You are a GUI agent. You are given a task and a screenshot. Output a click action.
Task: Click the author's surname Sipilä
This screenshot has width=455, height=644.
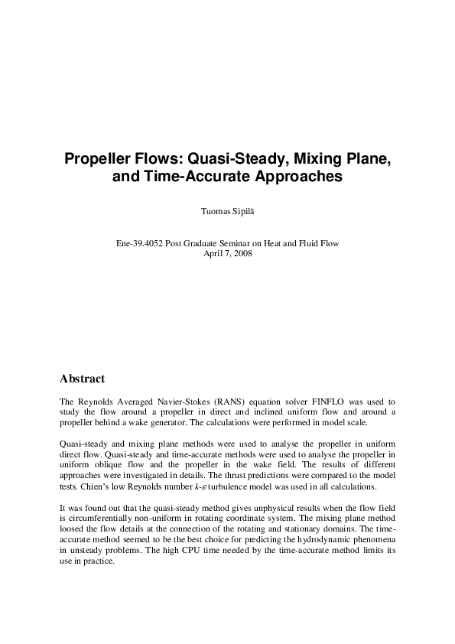(244, 207)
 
